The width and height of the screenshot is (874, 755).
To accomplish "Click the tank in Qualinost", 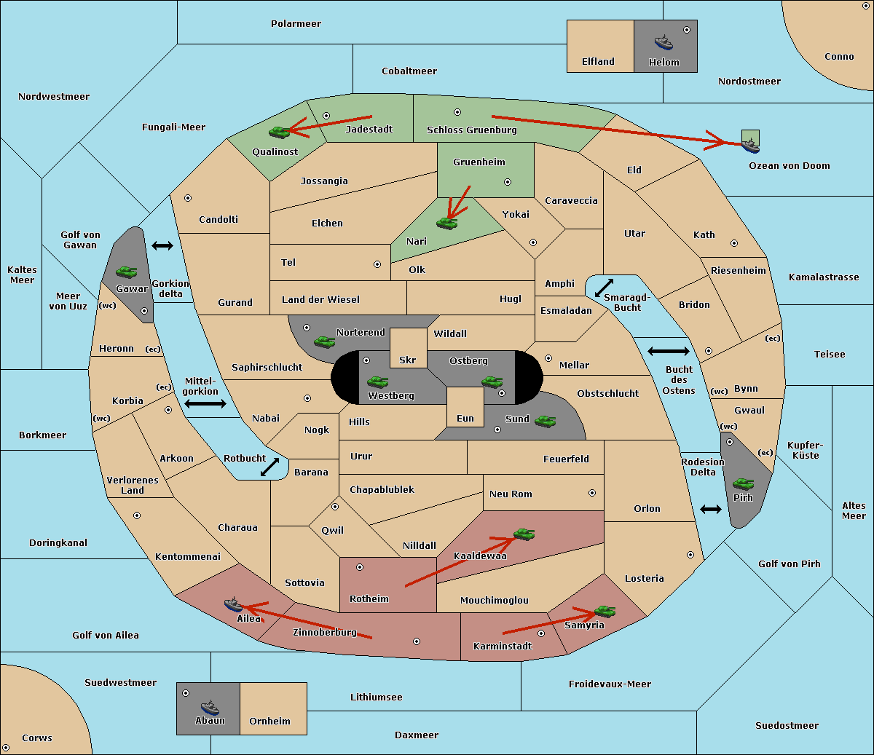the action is click(x=280, y=133).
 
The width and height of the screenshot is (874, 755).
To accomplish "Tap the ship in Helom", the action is click(x=664, y=42).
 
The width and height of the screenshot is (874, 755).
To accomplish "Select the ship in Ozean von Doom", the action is click(x=750, y=146).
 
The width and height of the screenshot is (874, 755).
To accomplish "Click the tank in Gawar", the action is click(x=127, y=272).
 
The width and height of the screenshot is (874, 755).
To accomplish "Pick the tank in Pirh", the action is click(x=743, y=483).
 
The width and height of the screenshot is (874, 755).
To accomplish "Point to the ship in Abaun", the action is click(x=210, y=708).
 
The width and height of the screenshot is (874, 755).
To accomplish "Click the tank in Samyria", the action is click(x=605, y=612).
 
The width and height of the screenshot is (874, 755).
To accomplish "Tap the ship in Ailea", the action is click(x=233, y=604).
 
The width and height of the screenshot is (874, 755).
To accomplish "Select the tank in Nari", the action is click(x=447, y=224).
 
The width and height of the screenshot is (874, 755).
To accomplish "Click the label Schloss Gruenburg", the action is click(x=471, y=130).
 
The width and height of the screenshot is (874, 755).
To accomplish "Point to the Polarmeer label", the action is click(x=296, y=24).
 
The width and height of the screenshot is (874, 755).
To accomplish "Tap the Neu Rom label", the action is click(x=511, y=494).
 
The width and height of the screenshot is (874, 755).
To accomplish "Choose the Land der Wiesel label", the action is click(x=320, y=299).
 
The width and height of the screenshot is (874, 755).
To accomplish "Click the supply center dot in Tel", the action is click(x=377, y=264).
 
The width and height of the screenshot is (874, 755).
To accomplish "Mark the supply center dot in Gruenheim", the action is click(x=508, y=182).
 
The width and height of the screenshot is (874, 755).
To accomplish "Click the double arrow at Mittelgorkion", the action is click(x=205, y=403).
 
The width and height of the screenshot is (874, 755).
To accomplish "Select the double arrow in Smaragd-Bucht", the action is click(x=604, y=288).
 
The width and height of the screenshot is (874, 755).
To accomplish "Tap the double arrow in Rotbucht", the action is click(x=269, y=467).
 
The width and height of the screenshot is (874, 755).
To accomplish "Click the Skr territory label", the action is click(x=408, y=360).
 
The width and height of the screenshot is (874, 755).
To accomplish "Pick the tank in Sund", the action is click(x=545, y=421).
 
